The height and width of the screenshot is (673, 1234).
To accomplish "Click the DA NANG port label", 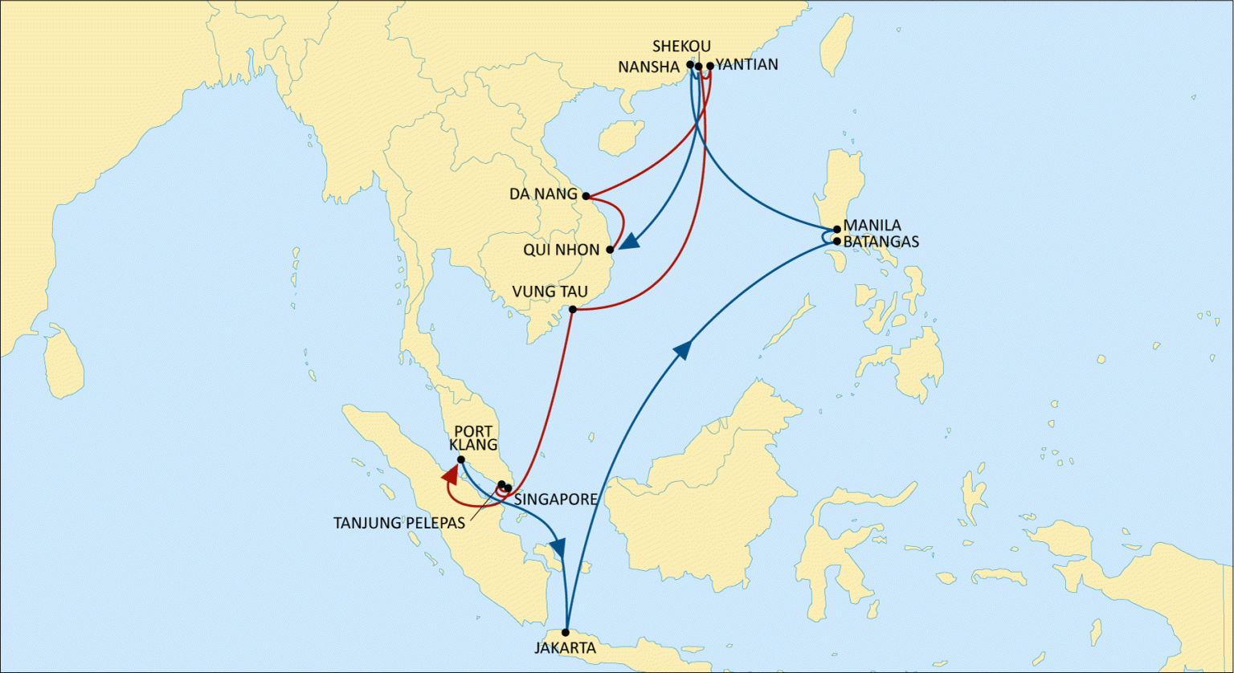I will tap(543, 194).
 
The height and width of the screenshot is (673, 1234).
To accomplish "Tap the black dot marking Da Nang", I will tap(586, 196).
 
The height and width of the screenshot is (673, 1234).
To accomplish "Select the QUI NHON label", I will tap(562, 250).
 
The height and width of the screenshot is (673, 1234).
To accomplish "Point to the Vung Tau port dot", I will tap(573, 310).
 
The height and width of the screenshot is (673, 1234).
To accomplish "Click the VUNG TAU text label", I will tap(550, 292).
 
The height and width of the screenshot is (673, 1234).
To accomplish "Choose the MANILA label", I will tap(872, 226).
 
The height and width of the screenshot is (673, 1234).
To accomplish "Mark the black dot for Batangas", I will tap(837, 241).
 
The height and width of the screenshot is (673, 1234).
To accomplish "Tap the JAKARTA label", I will tap(566, 648).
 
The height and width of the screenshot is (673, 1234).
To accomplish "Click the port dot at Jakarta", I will tap(566, 633).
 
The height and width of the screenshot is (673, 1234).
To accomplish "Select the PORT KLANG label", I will tap(473, 438).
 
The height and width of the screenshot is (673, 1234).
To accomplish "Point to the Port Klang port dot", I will tap(461, 460).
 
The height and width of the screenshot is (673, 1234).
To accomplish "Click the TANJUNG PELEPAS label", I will tap(399, 524).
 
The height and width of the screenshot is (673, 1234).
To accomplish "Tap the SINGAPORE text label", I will tap(556, 500).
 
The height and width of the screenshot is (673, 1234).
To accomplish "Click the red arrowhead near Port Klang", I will tap(450, 476).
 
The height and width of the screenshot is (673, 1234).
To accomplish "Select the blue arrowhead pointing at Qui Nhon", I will tap(629, 241).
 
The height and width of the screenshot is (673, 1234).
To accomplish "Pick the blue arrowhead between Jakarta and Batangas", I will tap(683, 349).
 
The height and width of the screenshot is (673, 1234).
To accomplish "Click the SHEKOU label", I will tap(681, 47).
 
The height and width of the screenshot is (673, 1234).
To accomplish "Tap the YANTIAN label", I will tap(746, 65).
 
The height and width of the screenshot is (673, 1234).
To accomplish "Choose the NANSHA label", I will tap(649, 67).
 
